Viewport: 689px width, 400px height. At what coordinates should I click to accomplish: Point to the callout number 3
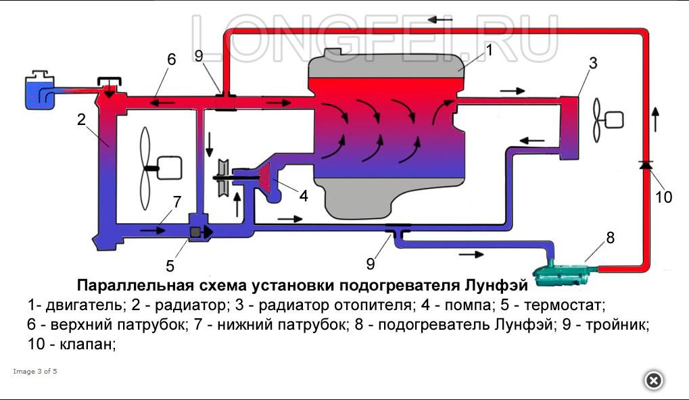pyautogui.click(x=593, y=64)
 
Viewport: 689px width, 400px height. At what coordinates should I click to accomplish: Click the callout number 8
pyautogui.click(x=610, y=237)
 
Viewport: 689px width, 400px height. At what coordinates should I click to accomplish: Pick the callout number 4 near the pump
pyautogui.click(x=304, y=196)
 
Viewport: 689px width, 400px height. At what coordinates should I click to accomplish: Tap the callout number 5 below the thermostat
pyautogui.click(x=170, y=265)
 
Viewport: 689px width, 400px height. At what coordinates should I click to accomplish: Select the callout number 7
pyautogui.click(x=177, y=201)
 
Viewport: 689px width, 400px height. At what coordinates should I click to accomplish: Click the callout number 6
pyautogui.click(x=172, y=59)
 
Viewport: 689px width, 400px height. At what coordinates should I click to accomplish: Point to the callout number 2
pyautogui.click(x=81, y=120)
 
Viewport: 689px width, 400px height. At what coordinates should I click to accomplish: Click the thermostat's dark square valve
pyautogui.click(x=196, y=232)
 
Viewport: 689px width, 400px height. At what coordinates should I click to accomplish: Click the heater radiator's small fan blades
pyautogui.click(x=597, y=120)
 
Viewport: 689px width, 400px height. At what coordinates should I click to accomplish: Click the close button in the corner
pyautogui.click(x=653, y=380)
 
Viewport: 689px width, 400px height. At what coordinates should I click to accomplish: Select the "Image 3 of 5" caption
pyautogui.click(x=35, y=371)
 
